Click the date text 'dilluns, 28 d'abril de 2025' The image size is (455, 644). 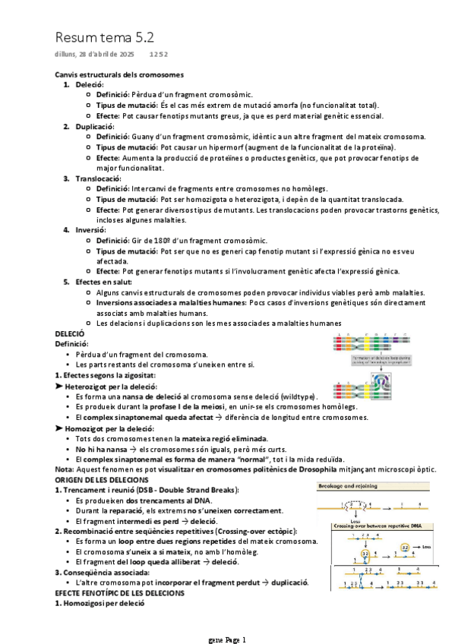[94, 55]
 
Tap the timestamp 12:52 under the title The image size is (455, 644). [159, 55]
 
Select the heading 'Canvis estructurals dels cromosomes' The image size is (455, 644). [119, 74]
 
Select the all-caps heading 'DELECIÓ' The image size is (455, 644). [70, 333]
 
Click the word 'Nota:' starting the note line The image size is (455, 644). [65, 469]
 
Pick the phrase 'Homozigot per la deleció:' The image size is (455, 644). [108, 428]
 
